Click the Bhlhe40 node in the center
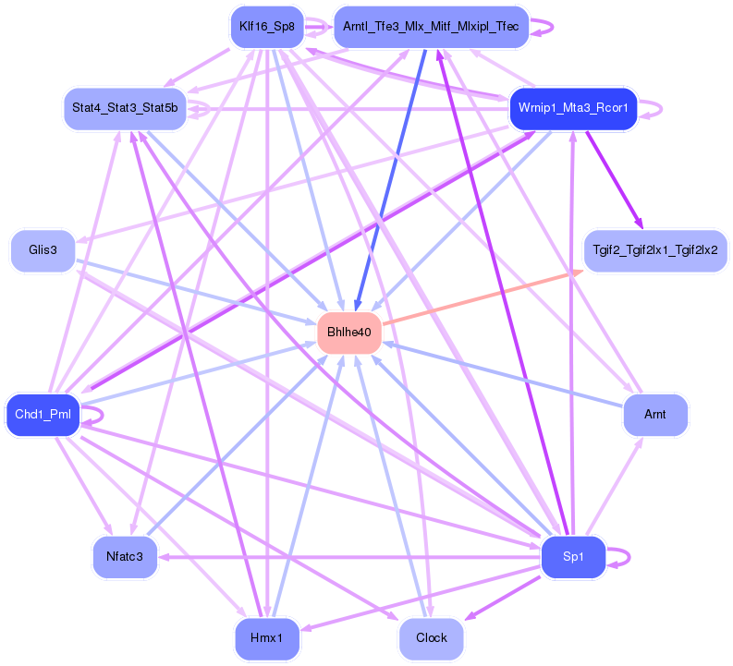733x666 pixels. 349,333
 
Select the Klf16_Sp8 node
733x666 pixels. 266,27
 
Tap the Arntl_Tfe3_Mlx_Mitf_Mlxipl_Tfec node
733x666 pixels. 431,27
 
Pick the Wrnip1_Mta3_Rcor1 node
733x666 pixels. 573,108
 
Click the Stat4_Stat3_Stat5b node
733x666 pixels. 125,108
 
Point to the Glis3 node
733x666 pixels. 43,251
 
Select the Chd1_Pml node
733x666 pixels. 43,414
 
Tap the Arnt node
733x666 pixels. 655,415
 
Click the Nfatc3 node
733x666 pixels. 124,557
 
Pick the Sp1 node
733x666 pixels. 573,557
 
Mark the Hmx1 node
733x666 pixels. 266,638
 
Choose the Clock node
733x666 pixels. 432,638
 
